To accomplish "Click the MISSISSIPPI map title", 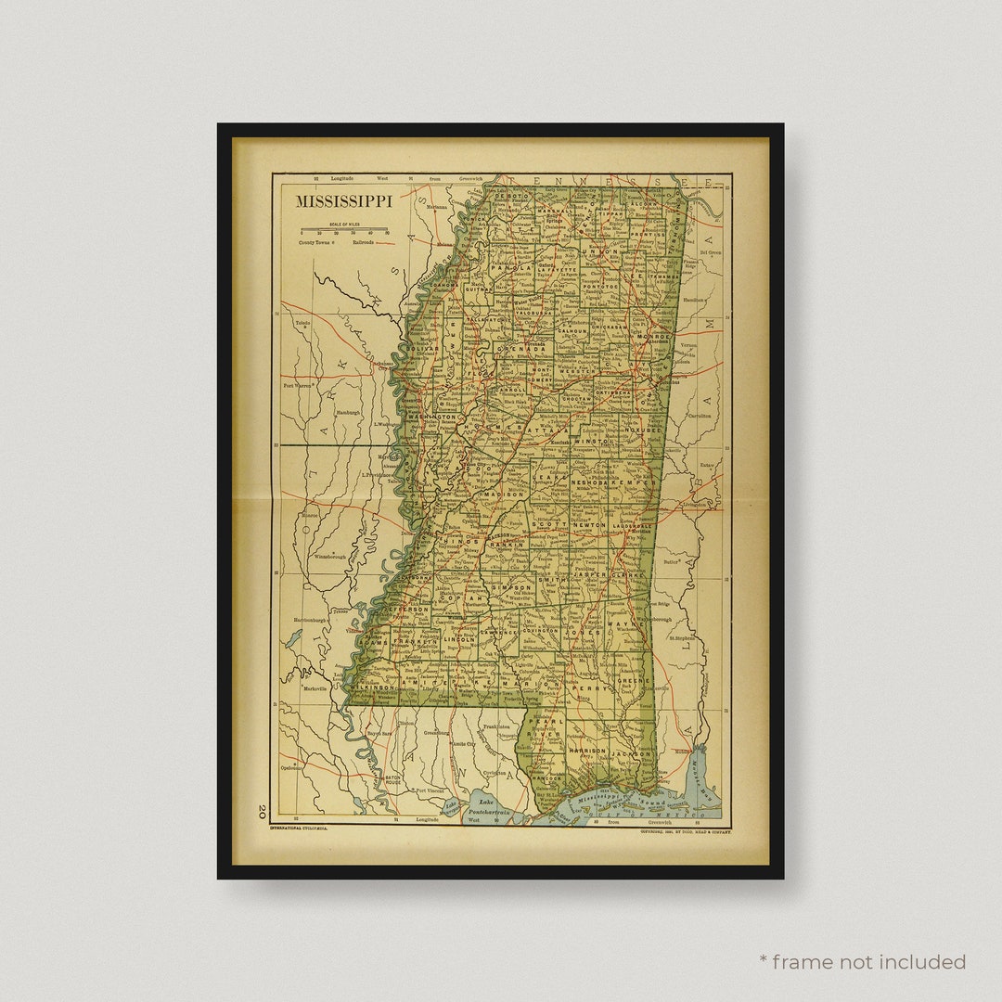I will (343, 200).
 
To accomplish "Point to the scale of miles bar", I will (343, 229).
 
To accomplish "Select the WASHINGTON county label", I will (431, 417).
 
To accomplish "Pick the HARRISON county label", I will (587, 750).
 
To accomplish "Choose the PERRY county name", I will (594, 689).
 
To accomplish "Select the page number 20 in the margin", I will (263, 811).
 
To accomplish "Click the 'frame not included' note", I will (862, 962).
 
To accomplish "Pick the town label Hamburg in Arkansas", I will (348, 411).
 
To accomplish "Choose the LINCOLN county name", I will (459, 639).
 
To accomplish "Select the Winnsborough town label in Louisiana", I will (329, 557).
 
